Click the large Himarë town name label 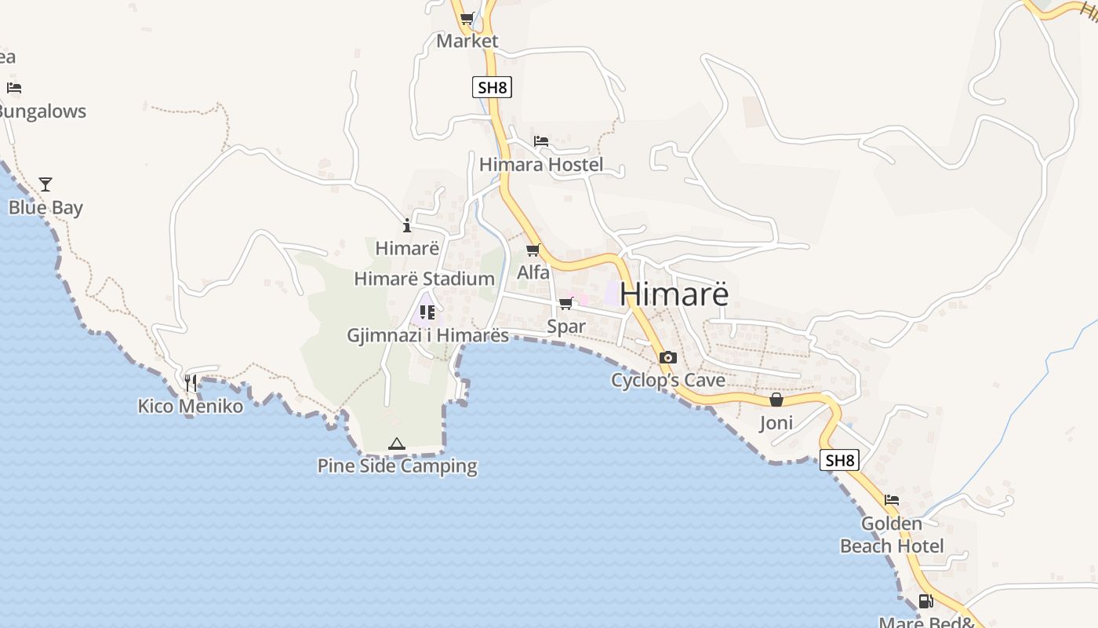(x=674, y=294)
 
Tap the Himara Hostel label (x=541, y=165)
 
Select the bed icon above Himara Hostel (x=541, y=141)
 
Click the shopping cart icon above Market (x=467, y=19)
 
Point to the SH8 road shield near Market (x=493, y=87)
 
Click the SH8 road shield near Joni (x=839, y=460)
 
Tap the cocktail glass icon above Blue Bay (x=45, y=184)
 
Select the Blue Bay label (x=45, y=208)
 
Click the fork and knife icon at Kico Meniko (x=191, y=383)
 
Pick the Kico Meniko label (x=191, y=407)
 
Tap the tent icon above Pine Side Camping (x=397, y=444)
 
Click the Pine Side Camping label (x=397, y=466)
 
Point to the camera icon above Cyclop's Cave (x=667, y=358)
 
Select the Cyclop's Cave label (x=668, y=381)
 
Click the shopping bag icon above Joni (x=776, y=400)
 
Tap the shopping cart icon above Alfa (x=533, y=250)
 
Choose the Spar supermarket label (x=566, y=327)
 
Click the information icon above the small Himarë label (x=407, y=226)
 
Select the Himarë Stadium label (x=424, y=279)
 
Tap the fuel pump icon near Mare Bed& (x=926, y=602)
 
